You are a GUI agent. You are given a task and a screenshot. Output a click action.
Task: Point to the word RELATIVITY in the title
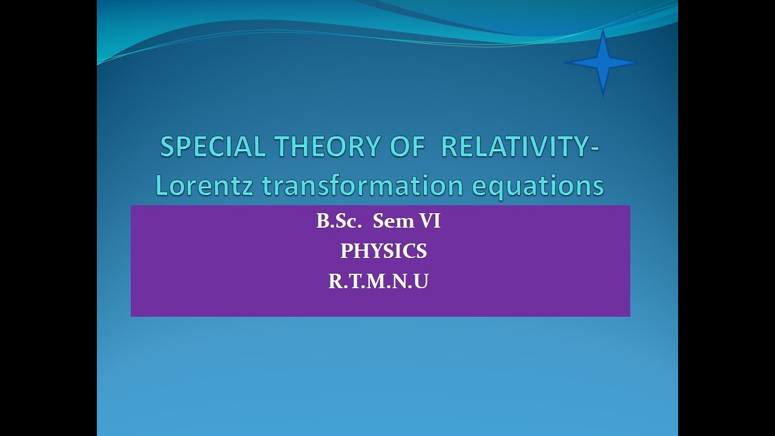tap(513, 147)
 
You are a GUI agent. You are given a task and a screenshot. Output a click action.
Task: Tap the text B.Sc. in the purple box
tap(338, 222)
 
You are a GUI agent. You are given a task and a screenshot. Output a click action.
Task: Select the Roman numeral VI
tap(429, 222)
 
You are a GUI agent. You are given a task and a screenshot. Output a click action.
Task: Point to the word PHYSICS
tap(383, 251)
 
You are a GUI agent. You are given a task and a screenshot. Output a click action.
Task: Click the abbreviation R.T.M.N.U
tap(378, 282)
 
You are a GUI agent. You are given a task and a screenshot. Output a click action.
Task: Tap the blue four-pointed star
tap(602, 62)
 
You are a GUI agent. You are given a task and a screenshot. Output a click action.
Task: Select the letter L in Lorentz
tap(162, 185)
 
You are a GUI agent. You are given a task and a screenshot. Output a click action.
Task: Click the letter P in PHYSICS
tap(346, 251)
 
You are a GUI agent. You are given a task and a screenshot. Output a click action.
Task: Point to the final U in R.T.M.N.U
tap(421, 282)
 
